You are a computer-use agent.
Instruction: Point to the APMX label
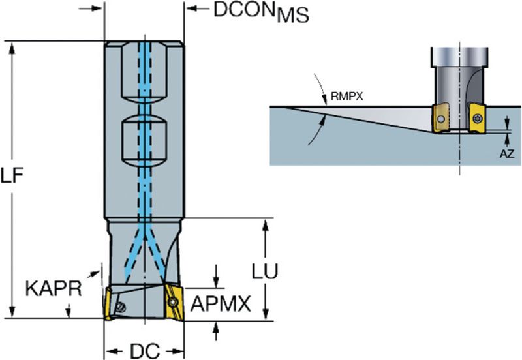(221, 303)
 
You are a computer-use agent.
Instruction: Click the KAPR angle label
(54, 288)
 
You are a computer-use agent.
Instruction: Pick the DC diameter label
(145, 350)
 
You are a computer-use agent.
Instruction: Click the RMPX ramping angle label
(346, 96)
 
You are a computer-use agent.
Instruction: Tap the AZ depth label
(507, 154)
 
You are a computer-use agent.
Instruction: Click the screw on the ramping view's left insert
(442, 119)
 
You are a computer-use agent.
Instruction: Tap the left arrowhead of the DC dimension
(109, 350)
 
